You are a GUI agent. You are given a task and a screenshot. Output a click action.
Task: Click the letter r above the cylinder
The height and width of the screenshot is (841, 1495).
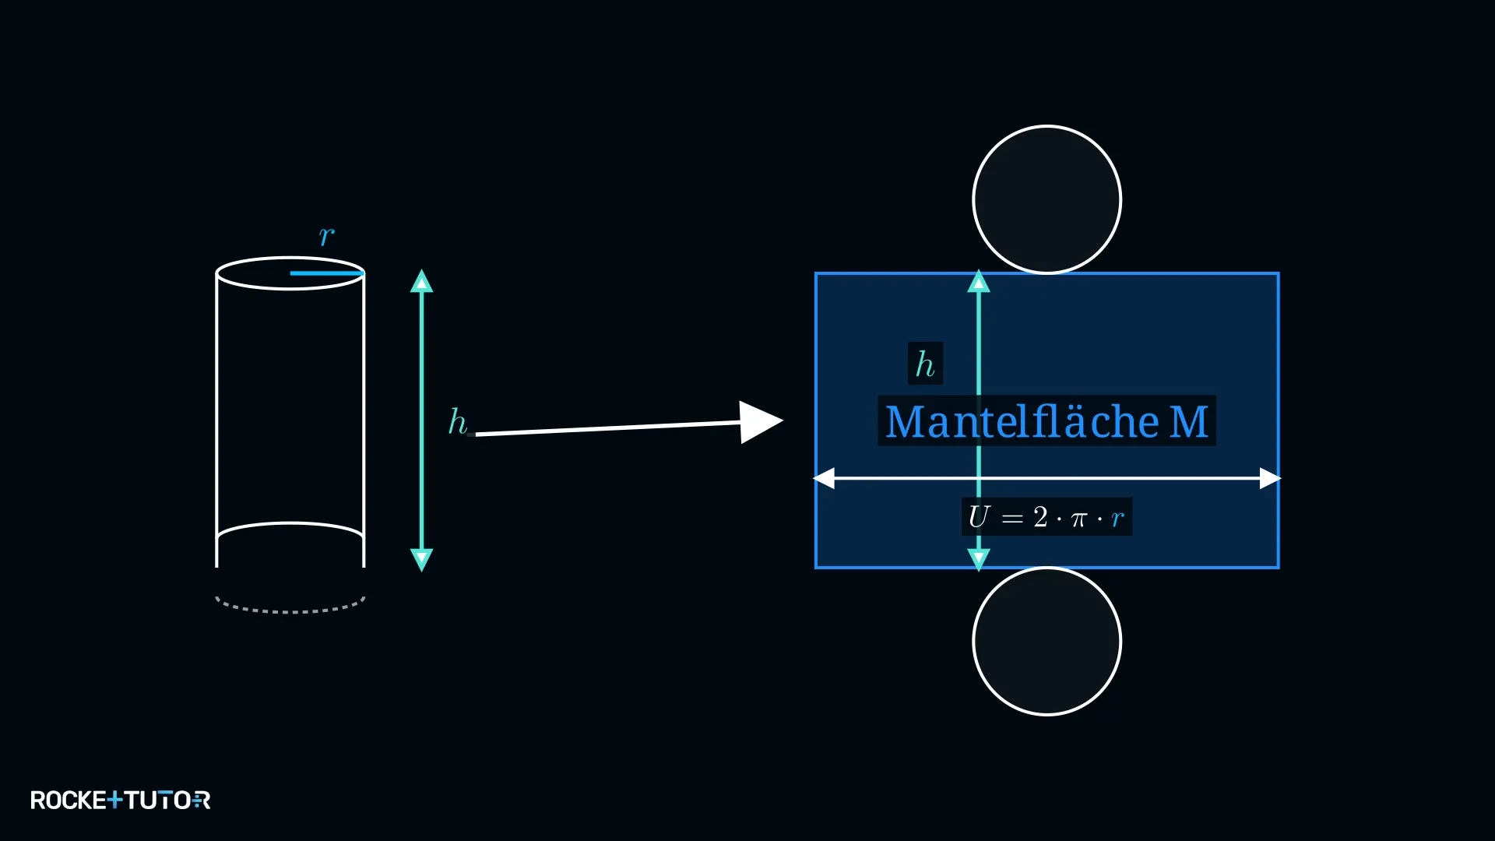coord(327,235)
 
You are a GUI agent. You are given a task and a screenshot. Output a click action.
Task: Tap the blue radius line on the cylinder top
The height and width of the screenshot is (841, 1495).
coord(327,273)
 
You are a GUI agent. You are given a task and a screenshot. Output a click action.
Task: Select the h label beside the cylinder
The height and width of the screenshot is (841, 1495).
coord(458,422)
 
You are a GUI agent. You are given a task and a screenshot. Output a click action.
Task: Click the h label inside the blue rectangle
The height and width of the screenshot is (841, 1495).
coord(925,364)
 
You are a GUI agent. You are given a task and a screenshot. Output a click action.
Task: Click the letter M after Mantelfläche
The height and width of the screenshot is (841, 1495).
coord(1189,422)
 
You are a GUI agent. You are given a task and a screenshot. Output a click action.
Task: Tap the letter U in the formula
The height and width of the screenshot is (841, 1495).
coord(979,516)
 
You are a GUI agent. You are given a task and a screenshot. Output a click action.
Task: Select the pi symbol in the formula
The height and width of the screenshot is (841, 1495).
coord(1078,519)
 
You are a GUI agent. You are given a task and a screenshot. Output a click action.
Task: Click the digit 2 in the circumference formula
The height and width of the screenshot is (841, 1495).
coord(1040,516)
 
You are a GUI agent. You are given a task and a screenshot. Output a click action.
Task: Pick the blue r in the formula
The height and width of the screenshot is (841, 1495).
coord(1118,519)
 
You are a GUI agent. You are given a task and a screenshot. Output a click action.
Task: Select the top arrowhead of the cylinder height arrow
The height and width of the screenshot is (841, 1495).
coord(422,281)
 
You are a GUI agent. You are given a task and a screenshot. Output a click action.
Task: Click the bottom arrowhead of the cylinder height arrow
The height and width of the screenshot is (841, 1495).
coord(422,560)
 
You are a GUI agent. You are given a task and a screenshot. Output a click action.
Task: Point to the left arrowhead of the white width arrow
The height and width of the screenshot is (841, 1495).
coord(825,478)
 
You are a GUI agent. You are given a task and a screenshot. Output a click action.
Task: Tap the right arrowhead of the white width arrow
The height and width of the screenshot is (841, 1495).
coord(1270,478)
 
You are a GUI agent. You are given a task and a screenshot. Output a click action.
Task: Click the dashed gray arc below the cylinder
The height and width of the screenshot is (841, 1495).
coord(290,611)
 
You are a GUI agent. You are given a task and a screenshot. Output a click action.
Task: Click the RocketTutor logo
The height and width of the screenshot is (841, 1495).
coord(121,800)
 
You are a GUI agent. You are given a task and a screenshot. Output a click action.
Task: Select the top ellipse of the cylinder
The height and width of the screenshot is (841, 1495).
coord(290,258)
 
